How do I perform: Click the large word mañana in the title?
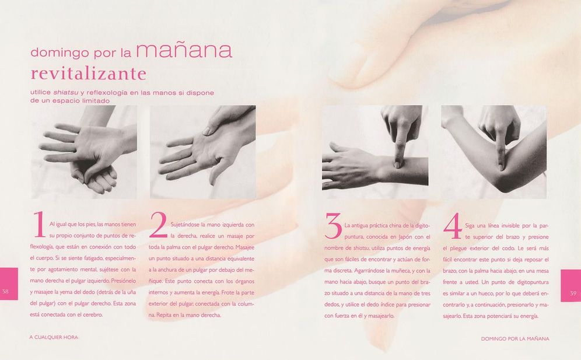(x=184, y=51)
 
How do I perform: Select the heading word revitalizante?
(x=88, y=73)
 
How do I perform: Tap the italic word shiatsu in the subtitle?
(x=65, y=93)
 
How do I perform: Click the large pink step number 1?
(x=39, y=224)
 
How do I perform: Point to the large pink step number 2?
(x=158, y=225)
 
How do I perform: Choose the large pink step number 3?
(x=333, y=225)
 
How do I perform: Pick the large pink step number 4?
(x=453, y=226)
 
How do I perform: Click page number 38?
(x=5, y=291)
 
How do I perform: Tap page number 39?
(x=573, y=293)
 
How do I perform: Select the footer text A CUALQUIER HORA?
(x=54, y=337)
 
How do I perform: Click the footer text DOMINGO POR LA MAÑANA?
(x=515, y=338)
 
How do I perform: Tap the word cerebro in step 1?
(x=94, y=314)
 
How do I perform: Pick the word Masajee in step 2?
(x=245, y=247)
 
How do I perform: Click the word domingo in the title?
(x=60, y=53)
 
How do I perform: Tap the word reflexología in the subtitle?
(x=110, y=93)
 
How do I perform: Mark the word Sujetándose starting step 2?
(x=185, y=225)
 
